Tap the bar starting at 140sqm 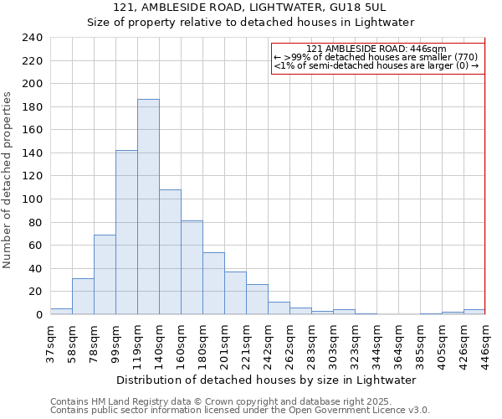click(x=170, y=251)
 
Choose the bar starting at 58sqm click(x=83, y=296)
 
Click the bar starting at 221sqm click(x=257, y=299)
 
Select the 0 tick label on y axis click(x=38, y=314)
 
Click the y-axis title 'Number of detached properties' click(x=8, y=181)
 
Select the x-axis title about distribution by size click(x=267, y=380)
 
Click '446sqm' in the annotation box click(x=431, y=49)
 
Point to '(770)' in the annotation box click(x=464, y=56)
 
